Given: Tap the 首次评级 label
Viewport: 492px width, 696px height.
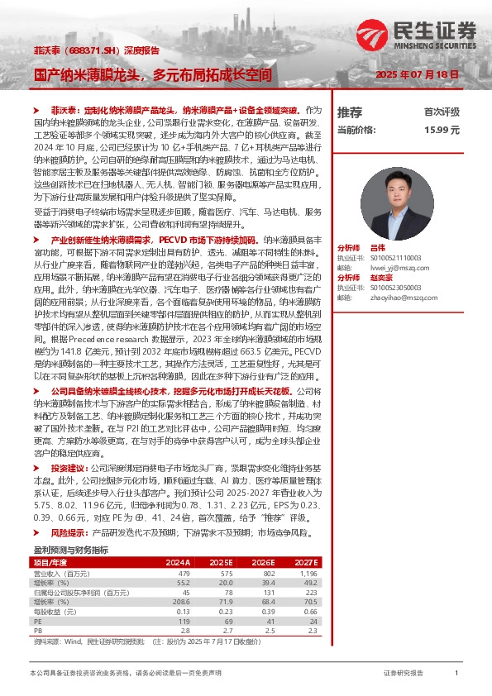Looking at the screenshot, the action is point(442,112).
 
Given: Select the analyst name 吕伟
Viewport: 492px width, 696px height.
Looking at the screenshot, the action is point(378,247).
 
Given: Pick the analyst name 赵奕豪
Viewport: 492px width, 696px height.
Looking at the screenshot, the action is point(381,277).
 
